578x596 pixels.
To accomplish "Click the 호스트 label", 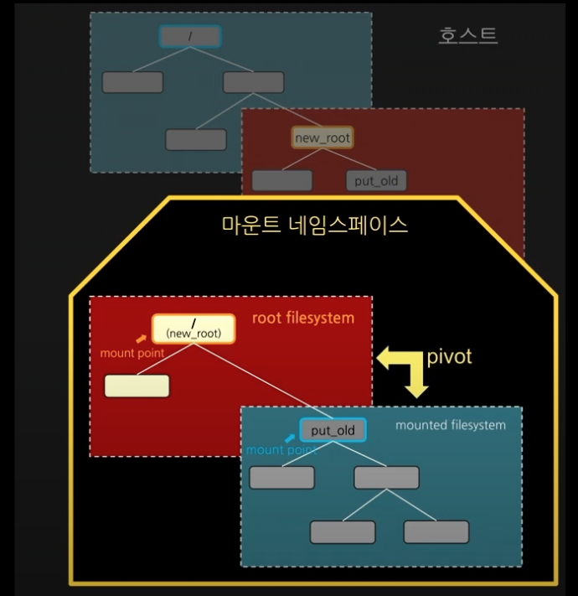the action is (x=467, y=35).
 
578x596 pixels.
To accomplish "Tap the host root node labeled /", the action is (x=189, y=36).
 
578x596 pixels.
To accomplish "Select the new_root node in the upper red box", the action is (x=323, y=137).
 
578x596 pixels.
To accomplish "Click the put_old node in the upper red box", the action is (x=376, y=179).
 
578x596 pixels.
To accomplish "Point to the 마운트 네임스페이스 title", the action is (x=315, y=224).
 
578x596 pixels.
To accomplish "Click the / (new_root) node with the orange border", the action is (x=194, y=328).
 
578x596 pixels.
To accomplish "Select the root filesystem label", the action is (x=303, y=319).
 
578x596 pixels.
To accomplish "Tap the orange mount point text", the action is (x=132, y=353).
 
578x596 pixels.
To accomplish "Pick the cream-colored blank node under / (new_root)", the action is (x=137, y=386).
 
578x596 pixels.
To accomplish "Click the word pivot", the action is (x=450, y=356).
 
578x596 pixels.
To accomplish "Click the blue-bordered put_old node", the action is (x=333, y=430).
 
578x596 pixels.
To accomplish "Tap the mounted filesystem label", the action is (x=451, y=425).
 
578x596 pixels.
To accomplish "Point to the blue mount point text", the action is (x=280, y=450).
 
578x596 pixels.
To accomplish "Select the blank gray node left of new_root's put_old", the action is (x=281, y=180).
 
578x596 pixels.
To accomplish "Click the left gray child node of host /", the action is (x=132, y=82).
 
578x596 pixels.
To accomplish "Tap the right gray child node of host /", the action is (x=253, y=82).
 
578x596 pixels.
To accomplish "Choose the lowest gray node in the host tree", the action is (x=196, y=139).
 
